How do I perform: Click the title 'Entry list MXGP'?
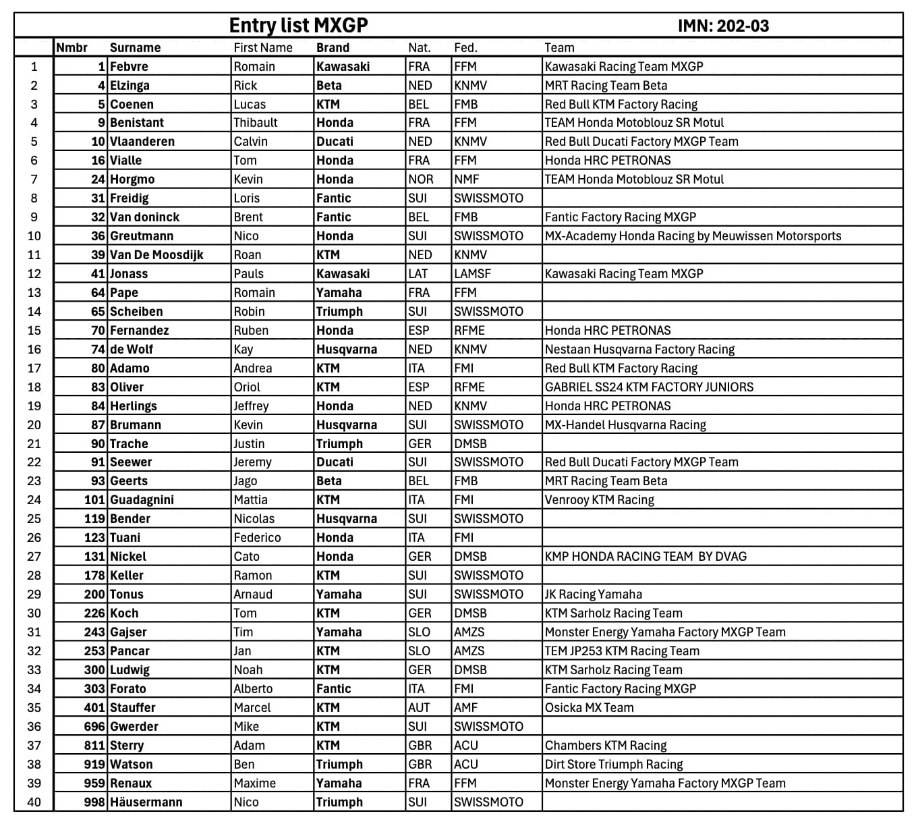pos(298,26)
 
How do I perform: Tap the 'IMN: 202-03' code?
pos(723,26)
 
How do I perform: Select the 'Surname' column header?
pos(135,48)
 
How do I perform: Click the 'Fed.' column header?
pos(465,48)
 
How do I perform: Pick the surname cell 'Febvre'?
pos(129,67)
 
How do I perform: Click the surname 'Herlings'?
pos(134,406)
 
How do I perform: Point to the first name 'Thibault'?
pos(256,123)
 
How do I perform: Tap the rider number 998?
pos(94,802)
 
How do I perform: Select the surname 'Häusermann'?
pos(146,802)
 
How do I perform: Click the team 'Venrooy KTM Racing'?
pos(599,500)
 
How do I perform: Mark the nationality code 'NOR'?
pos(420,180)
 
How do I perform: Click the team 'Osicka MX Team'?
pos(589,708)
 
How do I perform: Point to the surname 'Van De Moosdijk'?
pos(156,255)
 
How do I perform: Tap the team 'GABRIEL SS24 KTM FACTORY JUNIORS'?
pos(649,387)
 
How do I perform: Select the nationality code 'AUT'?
pos(419,708)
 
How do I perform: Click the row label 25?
pos(34,519)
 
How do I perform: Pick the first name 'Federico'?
pos(257,538)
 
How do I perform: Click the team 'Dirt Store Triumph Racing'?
pos(613,765)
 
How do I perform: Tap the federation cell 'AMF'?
pos(465,708)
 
